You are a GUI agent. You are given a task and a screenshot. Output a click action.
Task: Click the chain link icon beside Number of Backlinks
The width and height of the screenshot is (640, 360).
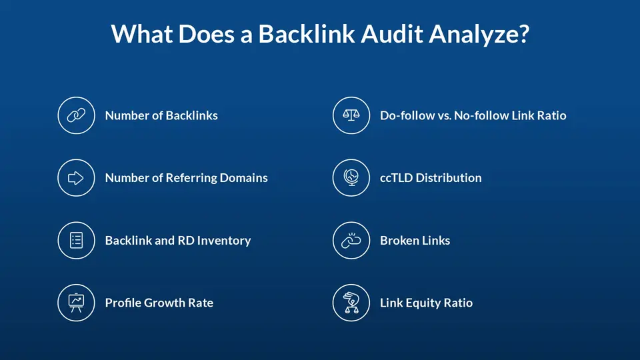point(76,115)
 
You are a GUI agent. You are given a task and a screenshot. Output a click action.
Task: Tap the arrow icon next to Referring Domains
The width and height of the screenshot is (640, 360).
point(76,177)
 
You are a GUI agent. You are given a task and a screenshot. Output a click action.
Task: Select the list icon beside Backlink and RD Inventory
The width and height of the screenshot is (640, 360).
point(76,240)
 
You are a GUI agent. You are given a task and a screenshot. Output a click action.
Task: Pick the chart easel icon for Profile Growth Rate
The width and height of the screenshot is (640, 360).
point(76,303)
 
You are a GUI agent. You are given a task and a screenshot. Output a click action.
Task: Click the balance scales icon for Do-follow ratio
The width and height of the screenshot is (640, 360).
point(351,115)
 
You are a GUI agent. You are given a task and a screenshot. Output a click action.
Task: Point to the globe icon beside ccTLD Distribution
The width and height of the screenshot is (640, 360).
point(351,177)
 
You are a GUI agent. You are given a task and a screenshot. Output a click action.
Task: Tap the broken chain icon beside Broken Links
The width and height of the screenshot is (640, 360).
point(351,240)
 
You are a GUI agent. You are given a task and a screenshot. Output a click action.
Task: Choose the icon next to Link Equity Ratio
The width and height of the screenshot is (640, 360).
point(351,303)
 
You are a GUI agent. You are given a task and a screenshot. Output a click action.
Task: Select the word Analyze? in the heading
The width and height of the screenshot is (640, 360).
point(479,34)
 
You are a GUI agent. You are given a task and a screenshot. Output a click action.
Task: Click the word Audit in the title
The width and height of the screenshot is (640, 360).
point(392,33)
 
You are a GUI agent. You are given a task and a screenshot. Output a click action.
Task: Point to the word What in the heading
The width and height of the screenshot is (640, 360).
point(141,33)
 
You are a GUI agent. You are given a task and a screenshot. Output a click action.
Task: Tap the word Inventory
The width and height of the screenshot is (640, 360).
point(224,241)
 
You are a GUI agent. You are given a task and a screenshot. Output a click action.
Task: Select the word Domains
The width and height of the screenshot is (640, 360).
point(244,178)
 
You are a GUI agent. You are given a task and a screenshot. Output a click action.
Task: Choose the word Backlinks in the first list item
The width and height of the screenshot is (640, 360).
point(192,115)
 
